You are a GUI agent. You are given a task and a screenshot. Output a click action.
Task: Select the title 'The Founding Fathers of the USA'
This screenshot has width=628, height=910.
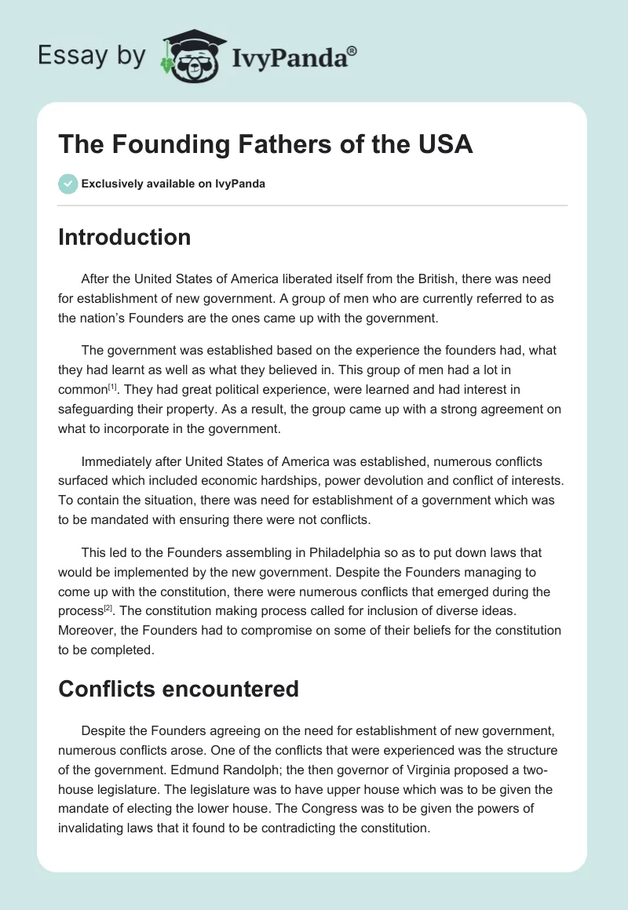[265, 145]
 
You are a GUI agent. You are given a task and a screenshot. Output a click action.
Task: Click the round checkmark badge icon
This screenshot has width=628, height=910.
[68, 184]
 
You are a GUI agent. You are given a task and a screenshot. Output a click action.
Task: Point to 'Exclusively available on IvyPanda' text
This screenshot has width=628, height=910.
[173, 184]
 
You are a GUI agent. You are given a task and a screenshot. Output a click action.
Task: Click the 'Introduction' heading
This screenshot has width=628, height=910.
[124, 237]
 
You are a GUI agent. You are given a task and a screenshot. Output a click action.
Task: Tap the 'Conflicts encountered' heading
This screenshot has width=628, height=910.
[178, 689]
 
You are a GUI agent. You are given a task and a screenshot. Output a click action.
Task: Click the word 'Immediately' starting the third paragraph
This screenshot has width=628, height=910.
[119, 462]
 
